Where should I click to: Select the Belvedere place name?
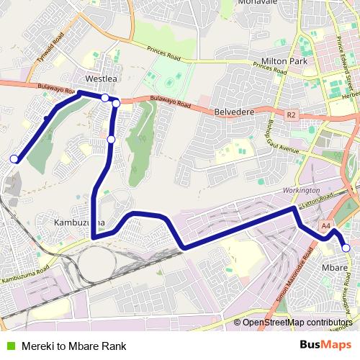pos(236,112)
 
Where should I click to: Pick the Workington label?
pos(301,189)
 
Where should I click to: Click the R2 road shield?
pos(291,114)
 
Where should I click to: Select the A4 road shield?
pos(325,225)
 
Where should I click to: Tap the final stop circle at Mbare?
pos(346,248)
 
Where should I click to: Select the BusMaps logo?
pos(325,345)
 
